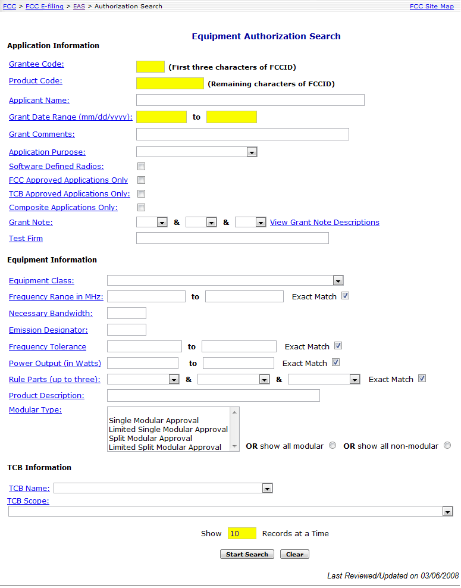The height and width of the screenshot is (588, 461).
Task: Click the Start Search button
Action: pos(247,554)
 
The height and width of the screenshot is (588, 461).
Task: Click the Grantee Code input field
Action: pos(150,67)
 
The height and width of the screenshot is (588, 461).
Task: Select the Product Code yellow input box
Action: pos(170,83)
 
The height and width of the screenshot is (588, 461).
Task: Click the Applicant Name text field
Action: pos(250,100)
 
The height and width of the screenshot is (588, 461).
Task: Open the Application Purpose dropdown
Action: pos(196,152)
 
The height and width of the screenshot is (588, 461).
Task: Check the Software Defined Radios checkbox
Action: pos(141,167)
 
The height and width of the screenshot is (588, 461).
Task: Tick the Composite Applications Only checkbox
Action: pos(141,208)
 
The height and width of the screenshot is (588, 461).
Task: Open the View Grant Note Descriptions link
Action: pos(324,223)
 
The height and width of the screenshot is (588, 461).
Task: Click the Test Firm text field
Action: pos(232,238)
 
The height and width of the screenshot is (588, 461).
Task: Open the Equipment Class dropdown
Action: pos(225,280)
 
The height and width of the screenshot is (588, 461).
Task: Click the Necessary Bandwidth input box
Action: pos(126,313)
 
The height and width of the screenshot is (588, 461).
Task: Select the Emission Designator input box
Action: pos(126,330)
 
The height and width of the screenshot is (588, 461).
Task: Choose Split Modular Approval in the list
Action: pos(150,438)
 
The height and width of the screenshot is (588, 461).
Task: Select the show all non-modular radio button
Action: pos(447,446)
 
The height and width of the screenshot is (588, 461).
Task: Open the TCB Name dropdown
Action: pos(162,488)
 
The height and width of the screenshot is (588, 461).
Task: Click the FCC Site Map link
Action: pos(431,7)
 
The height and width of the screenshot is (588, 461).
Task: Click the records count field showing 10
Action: pos(242,533)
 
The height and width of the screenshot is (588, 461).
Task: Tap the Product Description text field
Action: pos(213,395)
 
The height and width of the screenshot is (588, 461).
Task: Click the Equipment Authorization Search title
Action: pos(266,36)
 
